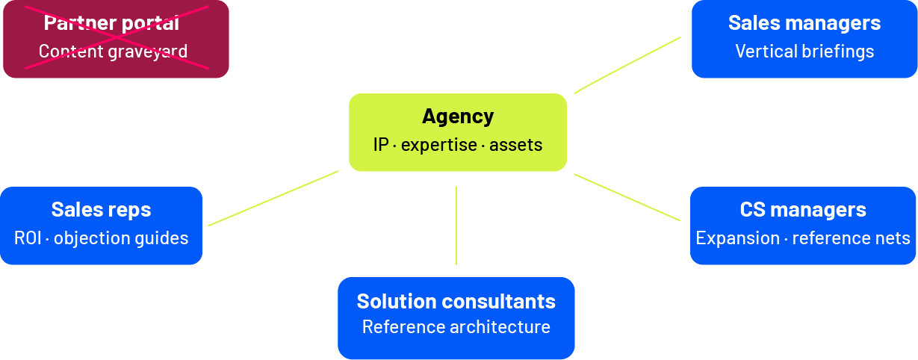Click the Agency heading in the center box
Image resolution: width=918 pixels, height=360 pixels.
coord(458,117)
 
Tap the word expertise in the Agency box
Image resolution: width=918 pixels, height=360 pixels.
coord(438,145)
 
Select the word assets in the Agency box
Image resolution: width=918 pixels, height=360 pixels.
coord(515,145)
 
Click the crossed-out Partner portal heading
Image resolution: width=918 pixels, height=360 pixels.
coord(111,23)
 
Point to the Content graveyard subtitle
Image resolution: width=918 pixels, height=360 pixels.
coord(113,52)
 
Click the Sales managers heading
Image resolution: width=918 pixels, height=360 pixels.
coord(804,23)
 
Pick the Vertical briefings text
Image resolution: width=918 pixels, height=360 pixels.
coord(804,52)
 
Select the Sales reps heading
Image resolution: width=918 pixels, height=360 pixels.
coord(101,210)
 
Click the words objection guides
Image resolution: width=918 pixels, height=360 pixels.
coord(121,238)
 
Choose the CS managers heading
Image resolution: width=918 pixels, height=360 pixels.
coord(803,210)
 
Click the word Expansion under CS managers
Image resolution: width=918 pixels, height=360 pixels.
coord(738,238)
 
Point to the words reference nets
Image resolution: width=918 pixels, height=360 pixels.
coord(851,238)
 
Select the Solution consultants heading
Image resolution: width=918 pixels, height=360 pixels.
coord(456,301)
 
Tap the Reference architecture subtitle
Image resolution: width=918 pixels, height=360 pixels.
coord(456,327)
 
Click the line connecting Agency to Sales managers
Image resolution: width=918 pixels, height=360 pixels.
coord(627,65)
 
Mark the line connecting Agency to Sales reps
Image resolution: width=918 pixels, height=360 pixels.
coord(273,198)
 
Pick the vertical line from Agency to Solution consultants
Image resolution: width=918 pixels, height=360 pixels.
coord(456,226)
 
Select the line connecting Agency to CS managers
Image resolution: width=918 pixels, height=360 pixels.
coord(627,197)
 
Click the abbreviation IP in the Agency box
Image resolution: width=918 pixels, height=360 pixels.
coord(381,145)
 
